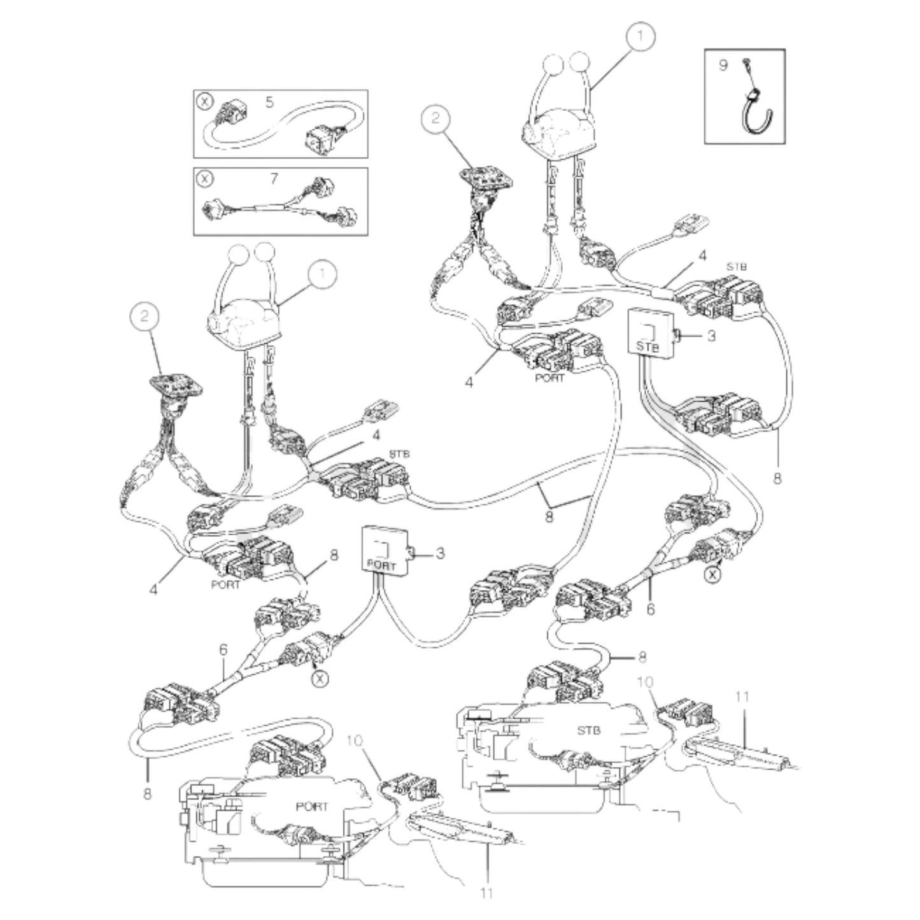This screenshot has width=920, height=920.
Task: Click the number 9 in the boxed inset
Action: click(723, 64)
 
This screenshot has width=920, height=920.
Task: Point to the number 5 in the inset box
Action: click(270, 102)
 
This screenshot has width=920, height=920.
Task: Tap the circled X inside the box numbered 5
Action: click(204, 102)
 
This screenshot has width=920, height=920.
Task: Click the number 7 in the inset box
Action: click(274, 178)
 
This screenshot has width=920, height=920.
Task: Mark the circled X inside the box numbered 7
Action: click(205, 178)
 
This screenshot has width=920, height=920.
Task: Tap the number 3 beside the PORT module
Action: click(440, 553)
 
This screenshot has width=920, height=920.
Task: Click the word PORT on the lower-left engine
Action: click(312, 807)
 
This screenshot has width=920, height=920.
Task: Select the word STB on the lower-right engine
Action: click(589, 730)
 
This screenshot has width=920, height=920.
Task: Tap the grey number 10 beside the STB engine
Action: click(644, 683)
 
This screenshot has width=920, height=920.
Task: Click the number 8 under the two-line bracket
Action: click(549, 516)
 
